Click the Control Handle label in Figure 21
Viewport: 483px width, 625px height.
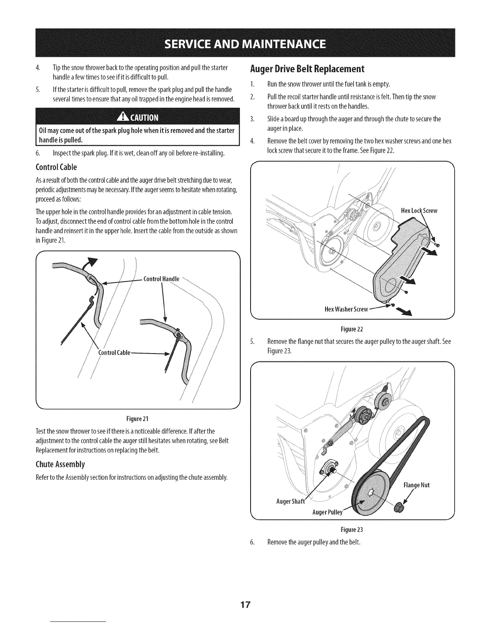coord(161,279)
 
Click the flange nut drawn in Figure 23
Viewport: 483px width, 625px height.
coord(399,509)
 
